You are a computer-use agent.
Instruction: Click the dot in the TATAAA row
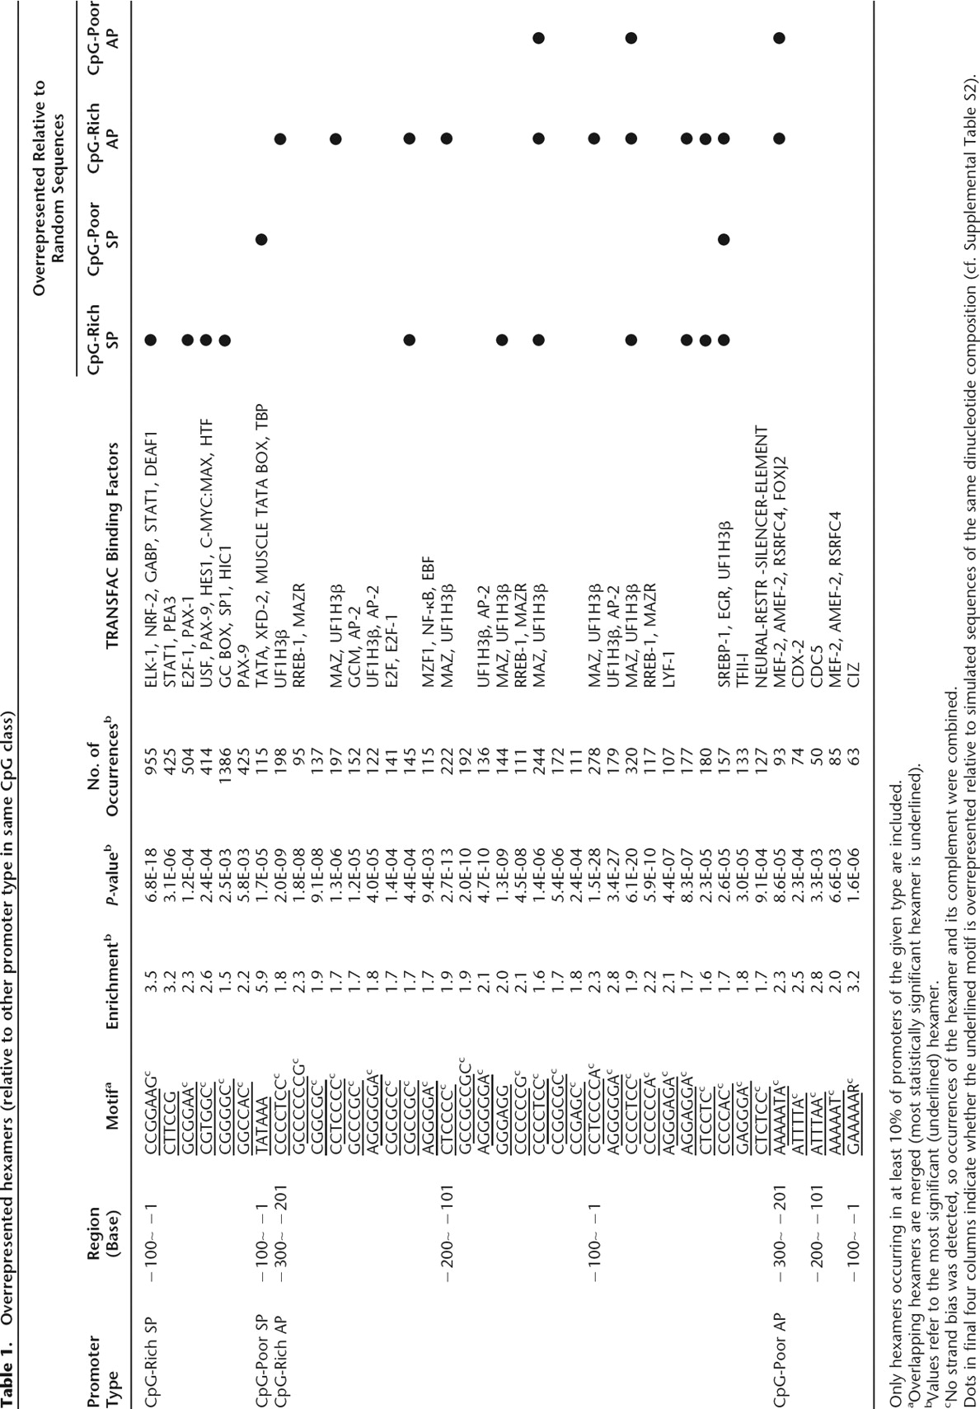[x=261, y=240]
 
